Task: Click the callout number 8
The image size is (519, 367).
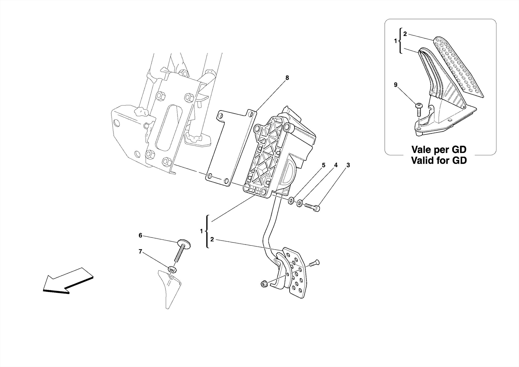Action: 287,78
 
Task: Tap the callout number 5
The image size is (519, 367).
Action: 323,165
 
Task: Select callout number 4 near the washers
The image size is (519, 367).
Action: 336,165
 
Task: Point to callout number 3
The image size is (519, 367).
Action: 348,165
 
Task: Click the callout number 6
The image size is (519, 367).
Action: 140,235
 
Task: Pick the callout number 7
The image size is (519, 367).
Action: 140,251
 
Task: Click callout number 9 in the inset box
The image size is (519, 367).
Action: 396,85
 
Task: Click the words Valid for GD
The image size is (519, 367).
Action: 439,160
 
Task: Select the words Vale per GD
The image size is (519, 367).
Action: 439,149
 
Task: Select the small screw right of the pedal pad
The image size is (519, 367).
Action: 314,264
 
